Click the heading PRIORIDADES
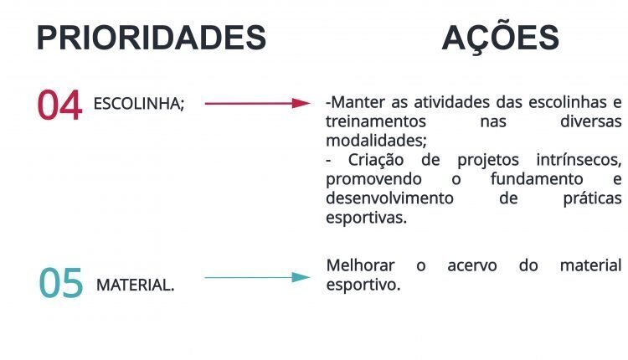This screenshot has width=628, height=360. coord(152,38)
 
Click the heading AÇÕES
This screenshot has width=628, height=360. coord(500,36)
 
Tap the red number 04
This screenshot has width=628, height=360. coord(59,105)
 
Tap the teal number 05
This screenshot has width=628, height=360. coord(61,283)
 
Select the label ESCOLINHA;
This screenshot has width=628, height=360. coord(139,104)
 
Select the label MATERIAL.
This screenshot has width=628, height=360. coord(136,285)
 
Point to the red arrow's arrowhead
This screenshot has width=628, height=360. coord(301,103)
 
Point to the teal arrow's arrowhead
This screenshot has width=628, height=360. coord(301,277)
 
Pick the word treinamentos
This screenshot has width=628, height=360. coord(376,121)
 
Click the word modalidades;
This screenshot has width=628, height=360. coord(377,141)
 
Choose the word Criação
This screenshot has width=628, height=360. coord(376,161)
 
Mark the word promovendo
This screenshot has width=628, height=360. coord(373,180)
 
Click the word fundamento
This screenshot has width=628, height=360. coord(537,179)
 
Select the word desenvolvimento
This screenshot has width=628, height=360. coord(389,198)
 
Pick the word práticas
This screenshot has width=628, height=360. coord(592,198)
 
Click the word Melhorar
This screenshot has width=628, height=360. coord(360,265)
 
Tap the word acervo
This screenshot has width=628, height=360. coord(472,266)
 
